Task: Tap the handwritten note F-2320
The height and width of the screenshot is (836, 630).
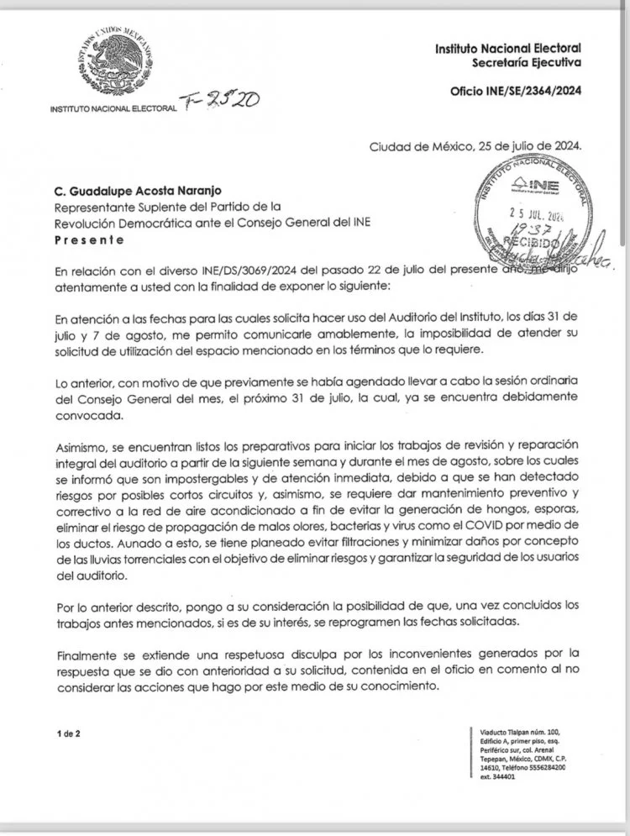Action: click(x=223, y=101)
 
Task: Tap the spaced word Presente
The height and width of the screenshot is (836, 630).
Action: click(x=88, y=239)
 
